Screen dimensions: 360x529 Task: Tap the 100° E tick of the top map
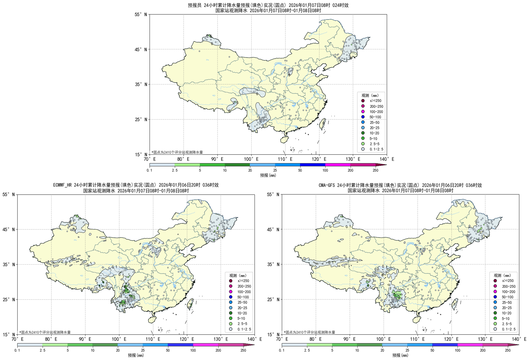251,159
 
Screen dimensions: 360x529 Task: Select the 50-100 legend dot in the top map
363,117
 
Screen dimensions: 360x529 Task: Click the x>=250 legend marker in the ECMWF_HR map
231,281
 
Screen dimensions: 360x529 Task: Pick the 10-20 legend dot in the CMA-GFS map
495,313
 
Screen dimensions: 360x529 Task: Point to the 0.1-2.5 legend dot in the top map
363,149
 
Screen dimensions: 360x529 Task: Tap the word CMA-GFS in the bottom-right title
327,185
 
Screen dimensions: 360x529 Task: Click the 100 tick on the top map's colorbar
325,170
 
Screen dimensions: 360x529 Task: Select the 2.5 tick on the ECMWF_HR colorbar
42,350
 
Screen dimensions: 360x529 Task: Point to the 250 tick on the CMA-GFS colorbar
508,350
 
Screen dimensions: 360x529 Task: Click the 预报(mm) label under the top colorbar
268,175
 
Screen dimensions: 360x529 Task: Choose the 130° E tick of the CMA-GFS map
485,339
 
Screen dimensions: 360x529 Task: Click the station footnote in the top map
177,152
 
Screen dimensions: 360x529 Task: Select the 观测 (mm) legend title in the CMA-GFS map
502,275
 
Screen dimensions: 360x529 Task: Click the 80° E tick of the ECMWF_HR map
51,339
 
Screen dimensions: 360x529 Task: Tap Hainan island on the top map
284,140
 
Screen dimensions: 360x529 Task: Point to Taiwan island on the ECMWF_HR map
190,303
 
